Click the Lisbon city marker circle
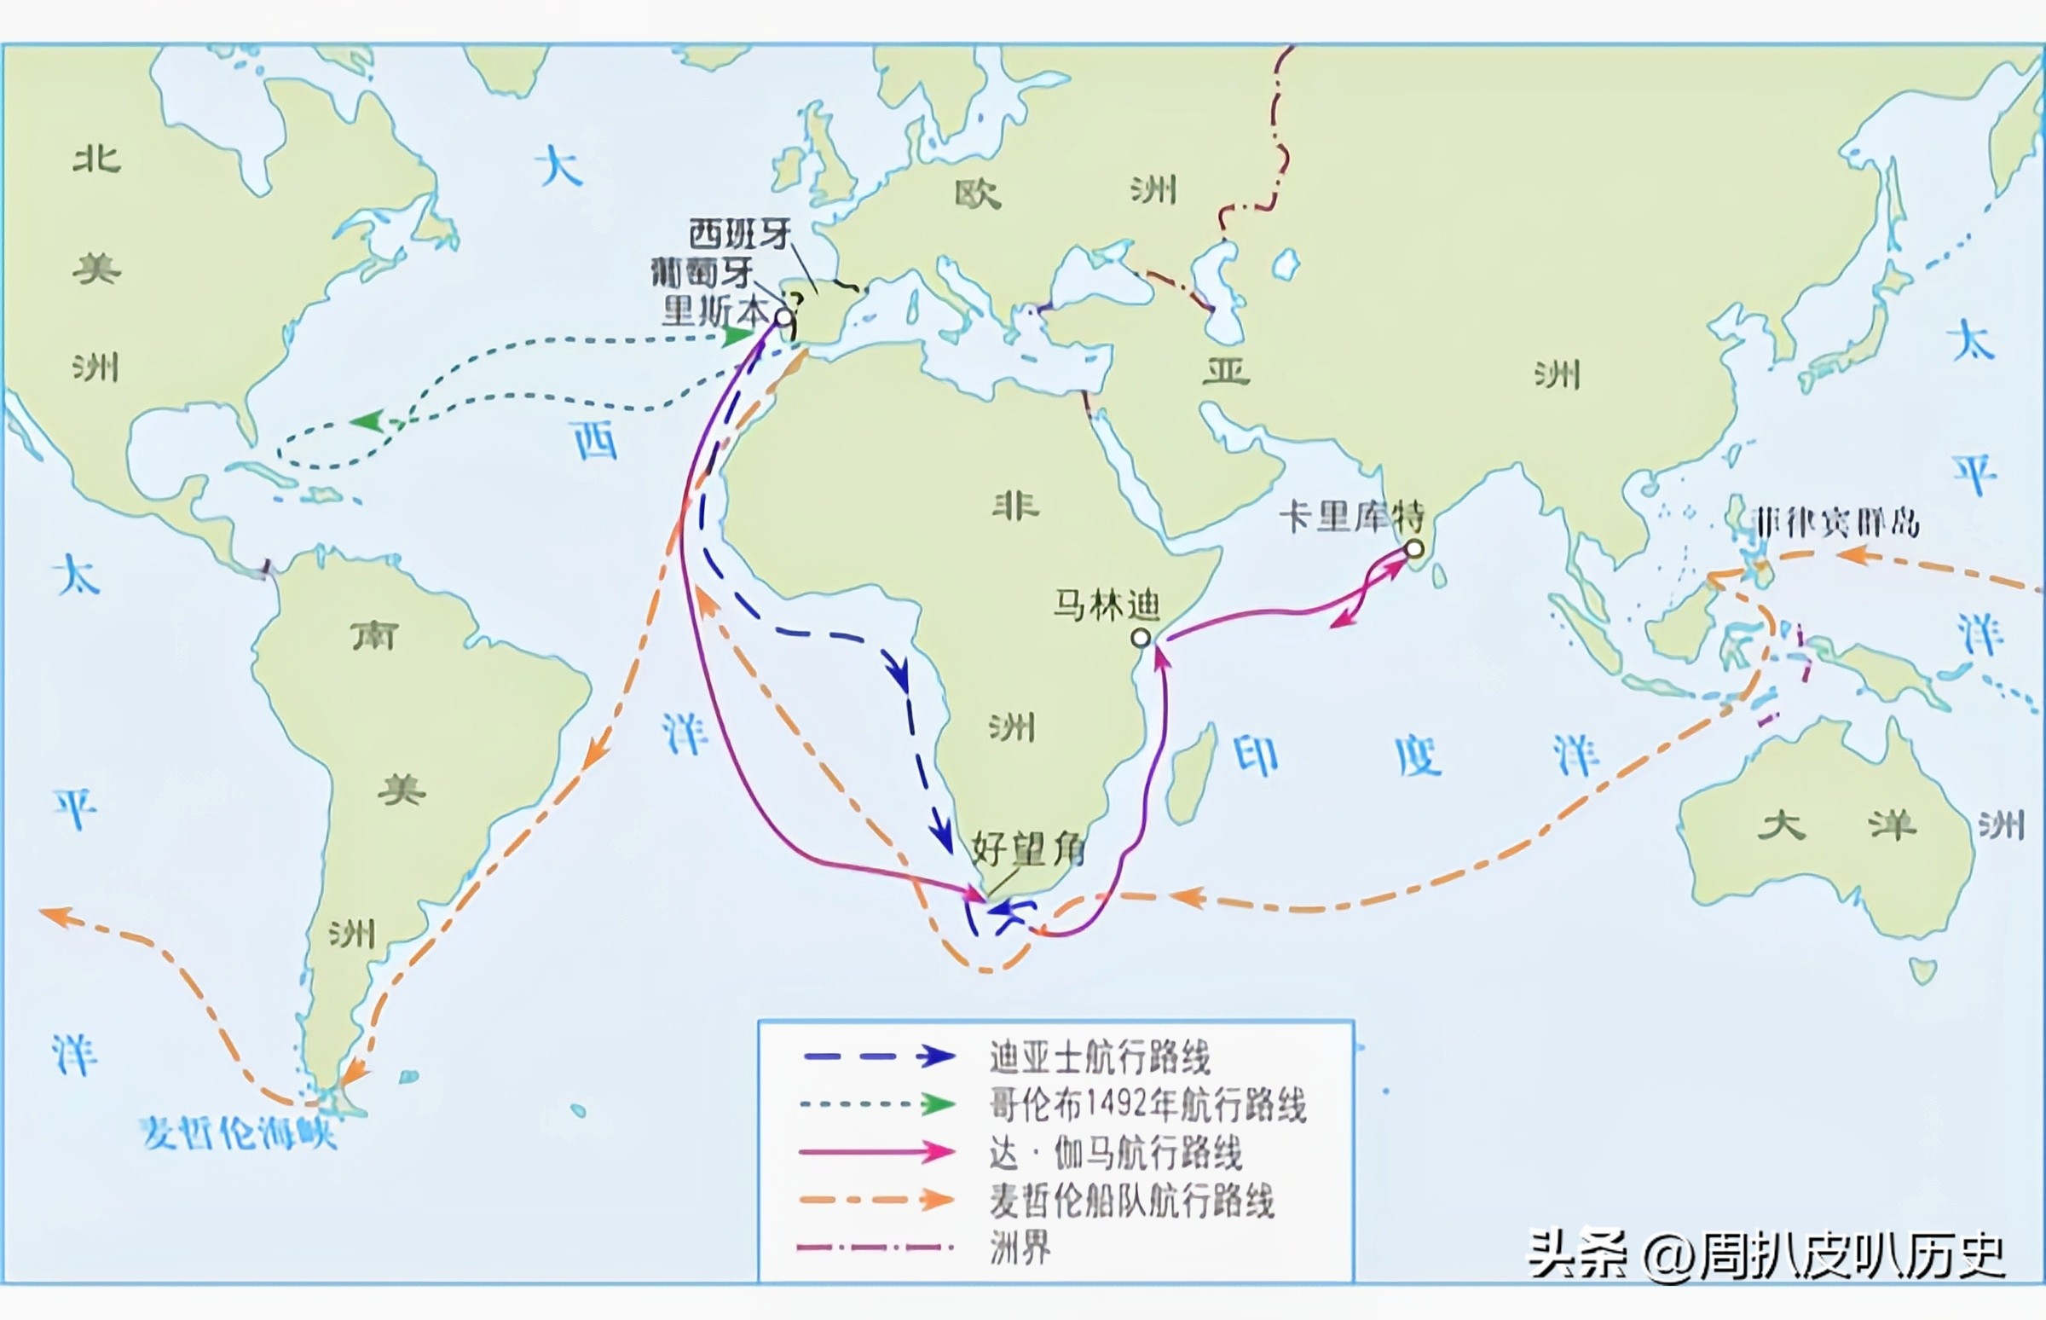point(783,318)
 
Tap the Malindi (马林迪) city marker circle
point(1141,638)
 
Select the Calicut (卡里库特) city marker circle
point(1414,547)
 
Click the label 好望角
point(1028,849)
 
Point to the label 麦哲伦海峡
point(238,1133)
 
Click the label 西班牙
point(739,234)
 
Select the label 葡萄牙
point(702,273)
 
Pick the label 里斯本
point(713,311)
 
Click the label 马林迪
point(1106,605)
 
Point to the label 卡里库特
point(1351,516)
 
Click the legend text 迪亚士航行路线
point(1099,1057)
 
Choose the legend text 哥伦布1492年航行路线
point(1147,1105)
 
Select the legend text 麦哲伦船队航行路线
point(1132,1201)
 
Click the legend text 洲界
point(1020,1248)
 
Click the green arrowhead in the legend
point(939,1105)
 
